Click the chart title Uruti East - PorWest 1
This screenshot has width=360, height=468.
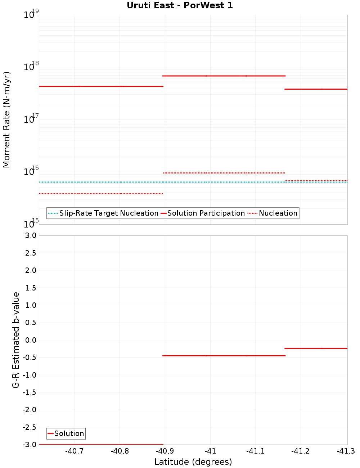point(180,5)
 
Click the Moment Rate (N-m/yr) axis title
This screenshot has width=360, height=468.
point(6,120)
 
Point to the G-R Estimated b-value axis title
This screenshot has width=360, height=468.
point(16,340)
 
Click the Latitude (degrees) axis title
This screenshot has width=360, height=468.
point(193,462)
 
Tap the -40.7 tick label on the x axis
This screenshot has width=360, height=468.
point(75,451)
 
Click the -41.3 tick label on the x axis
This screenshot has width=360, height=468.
point(346,451)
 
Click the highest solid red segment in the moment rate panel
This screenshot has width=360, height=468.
point(224,76)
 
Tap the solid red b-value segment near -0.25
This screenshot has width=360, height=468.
point(316,348)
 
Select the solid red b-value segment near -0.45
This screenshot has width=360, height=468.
point(224,356)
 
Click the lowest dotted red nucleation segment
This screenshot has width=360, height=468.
point(101,194)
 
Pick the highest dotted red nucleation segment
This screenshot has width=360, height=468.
point(224,173)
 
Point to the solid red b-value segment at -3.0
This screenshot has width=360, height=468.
point(101,445)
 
